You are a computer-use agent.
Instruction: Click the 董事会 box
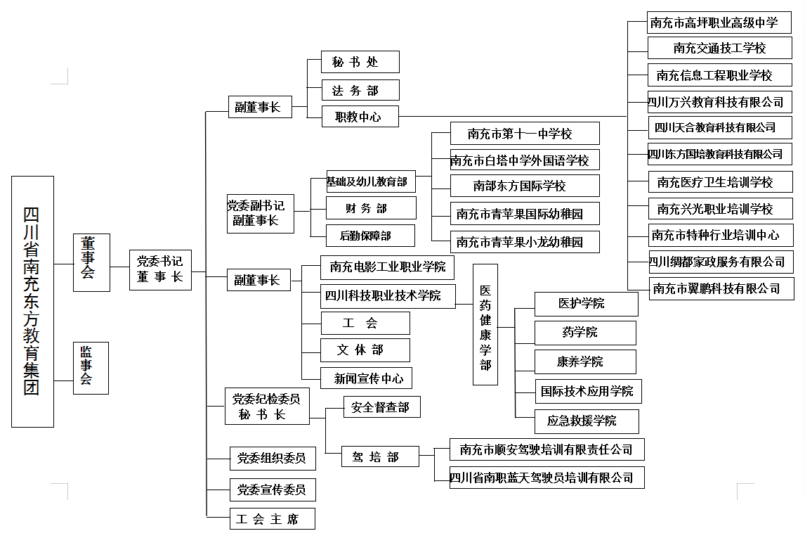point(91,262)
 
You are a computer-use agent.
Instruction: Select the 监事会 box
point(91,368)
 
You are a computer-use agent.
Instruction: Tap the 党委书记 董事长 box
point(160,269)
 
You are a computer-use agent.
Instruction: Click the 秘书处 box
point(360,62)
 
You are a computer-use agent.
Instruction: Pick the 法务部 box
point(360,90)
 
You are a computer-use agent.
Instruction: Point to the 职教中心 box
point(360,117)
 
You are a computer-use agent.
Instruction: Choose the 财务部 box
point(371,208)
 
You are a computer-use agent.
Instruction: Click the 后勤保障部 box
point(370,236)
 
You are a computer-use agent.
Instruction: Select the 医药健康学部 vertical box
point(485,324)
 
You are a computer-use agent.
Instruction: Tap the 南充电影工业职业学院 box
point(387,267)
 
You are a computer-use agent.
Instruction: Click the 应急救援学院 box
point(587,421)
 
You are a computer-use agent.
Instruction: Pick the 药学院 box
point(585,333)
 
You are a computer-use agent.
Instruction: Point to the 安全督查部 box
point(380,407)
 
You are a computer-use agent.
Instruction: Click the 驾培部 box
point(380,457)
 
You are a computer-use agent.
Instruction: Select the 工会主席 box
point(273,519)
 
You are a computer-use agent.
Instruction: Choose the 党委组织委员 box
point(273,459)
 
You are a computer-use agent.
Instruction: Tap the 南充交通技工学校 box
point(719,48)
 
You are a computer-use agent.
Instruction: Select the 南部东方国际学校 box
point(525,186)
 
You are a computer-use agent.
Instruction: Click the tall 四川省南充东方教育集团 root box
point(32,302)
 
